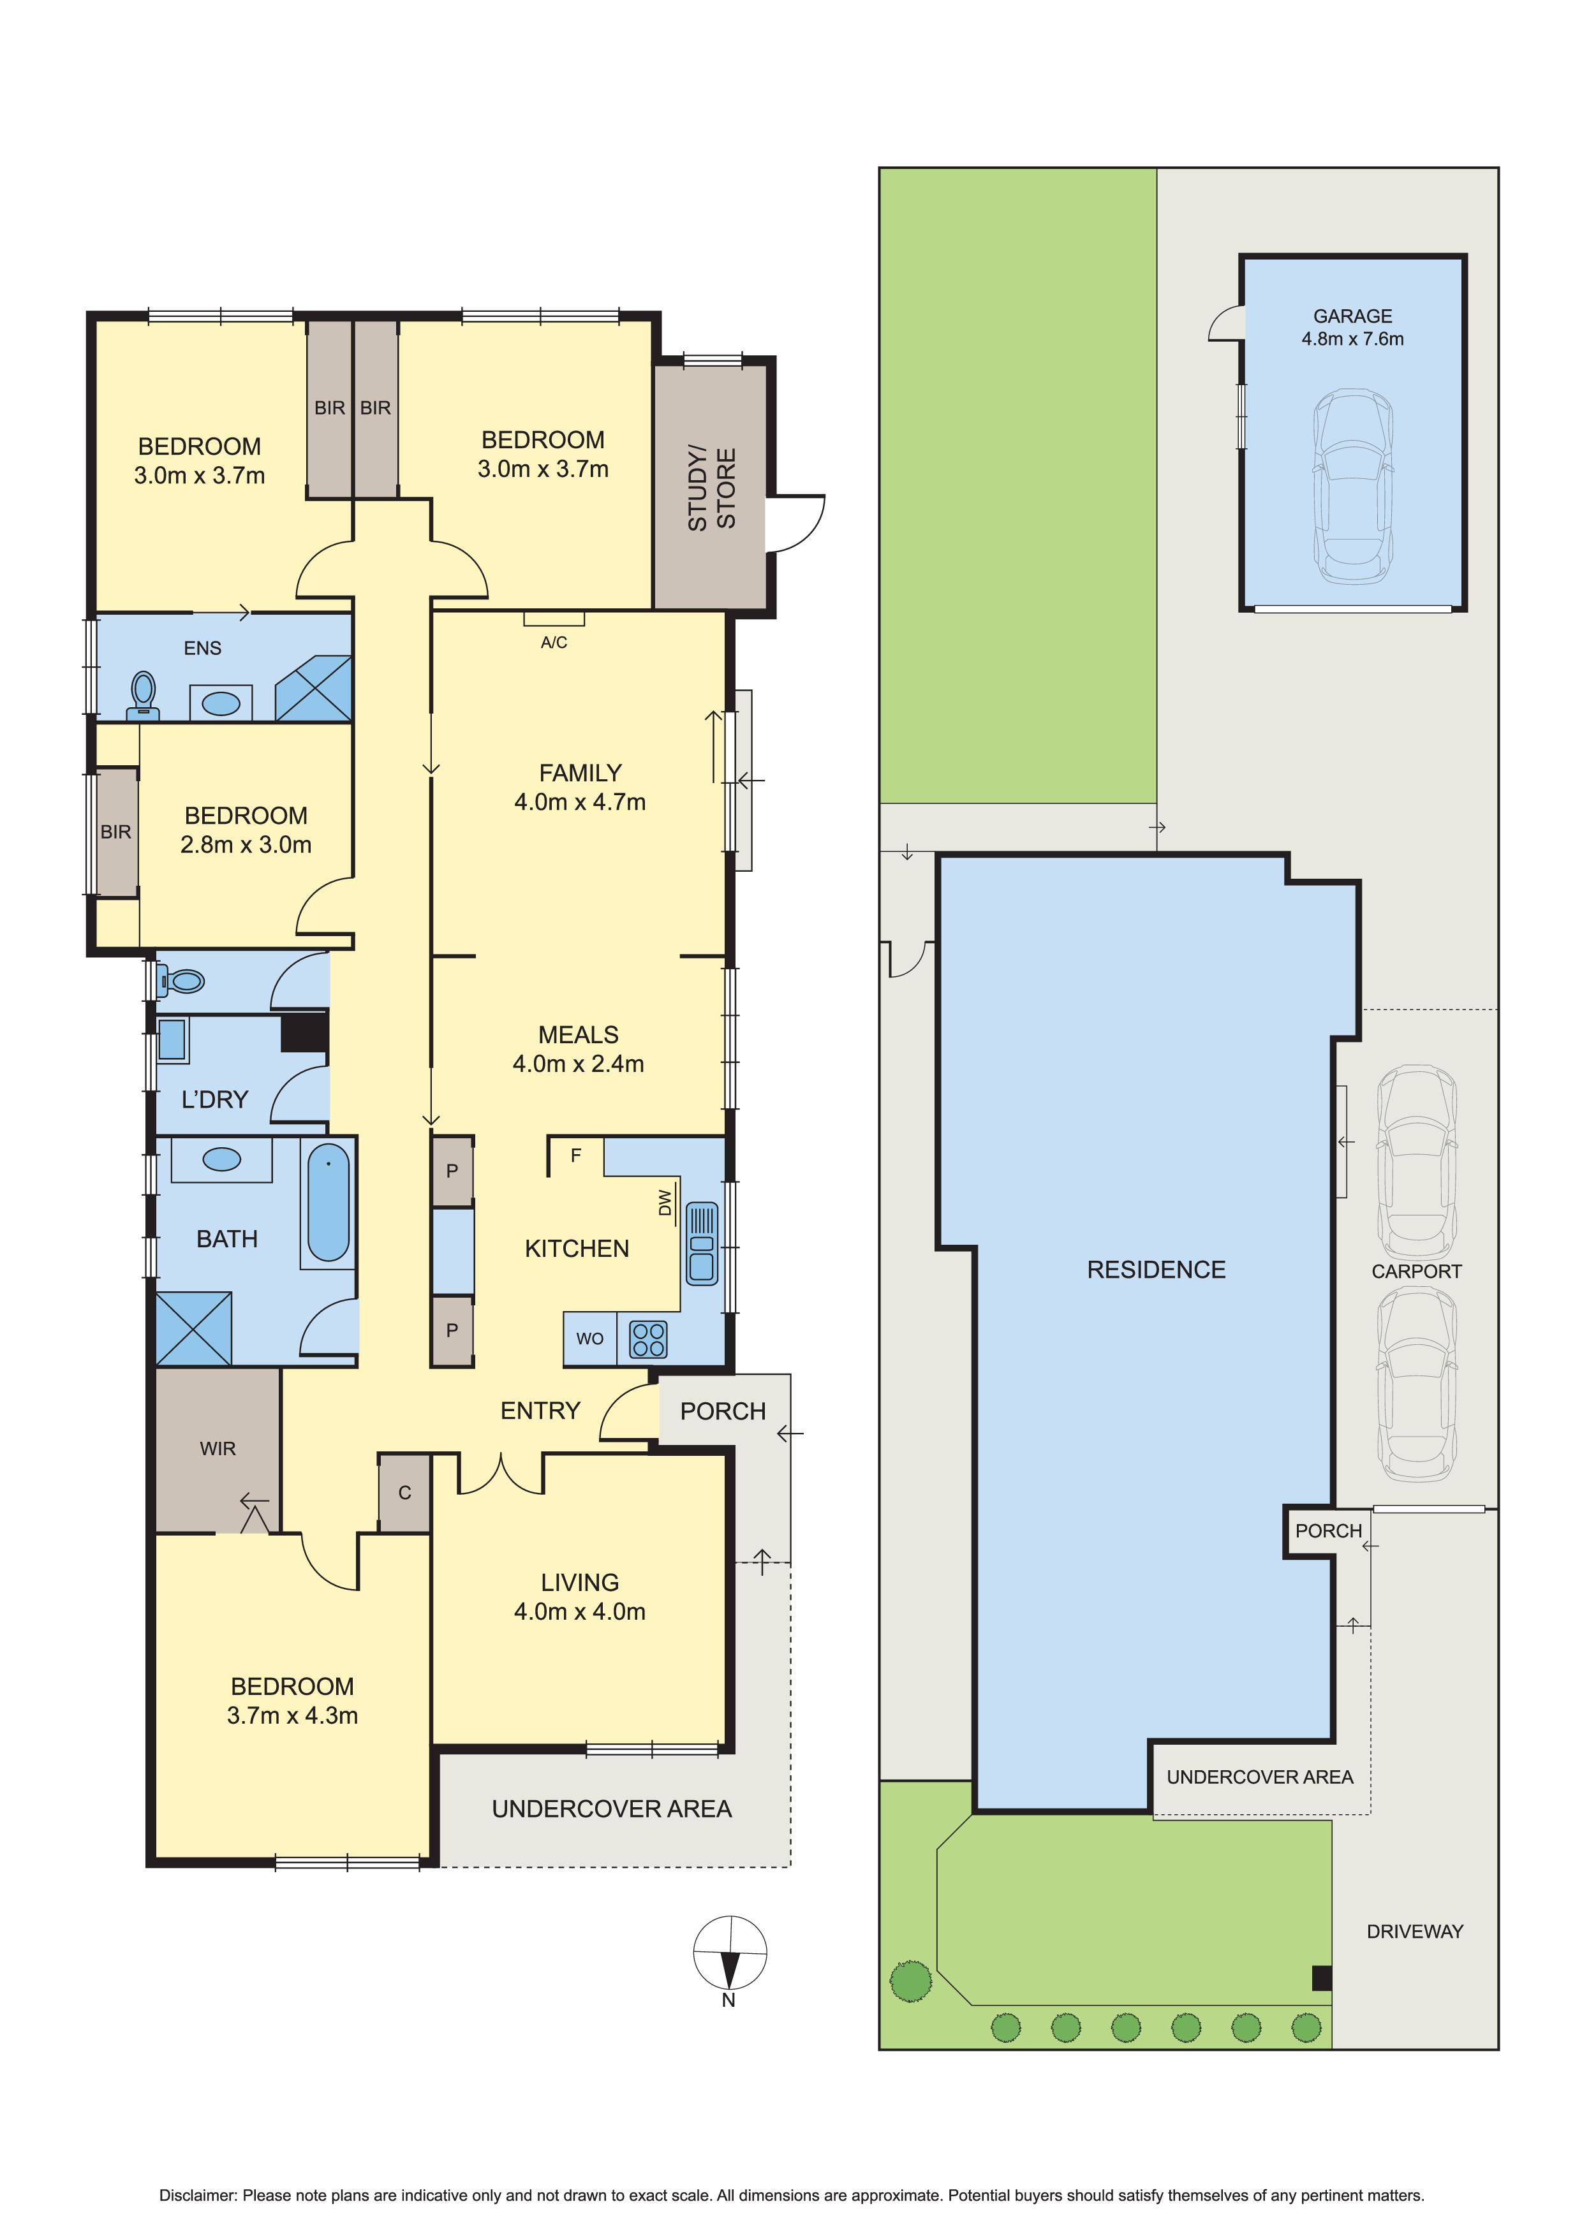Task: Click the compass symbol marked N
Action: (x=729, y=1953)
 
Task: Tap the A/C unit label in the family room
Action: (x=554, y=642)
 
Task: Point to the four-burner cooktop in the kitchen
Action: (x=648, y=1339)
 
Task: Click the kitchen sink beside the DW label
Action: (x=701, y=1243)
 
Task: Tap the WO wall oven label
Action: (x=589, y=1339)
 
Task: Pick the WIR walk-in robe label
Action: (x=218, y=1449)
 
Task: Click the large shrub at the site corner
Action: (x=910, y=1981)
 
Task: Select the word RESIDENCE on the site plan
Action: (x=1156, y=1270)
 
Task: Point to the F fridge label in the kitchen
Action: (x=576, y=1155)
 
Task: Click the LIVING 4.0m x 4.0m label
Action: (x=580, y=1596)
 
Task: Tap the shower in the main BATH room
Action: (x=194, y=1328)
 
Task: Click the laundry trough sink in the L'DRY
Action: (x=172, y=1041)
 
